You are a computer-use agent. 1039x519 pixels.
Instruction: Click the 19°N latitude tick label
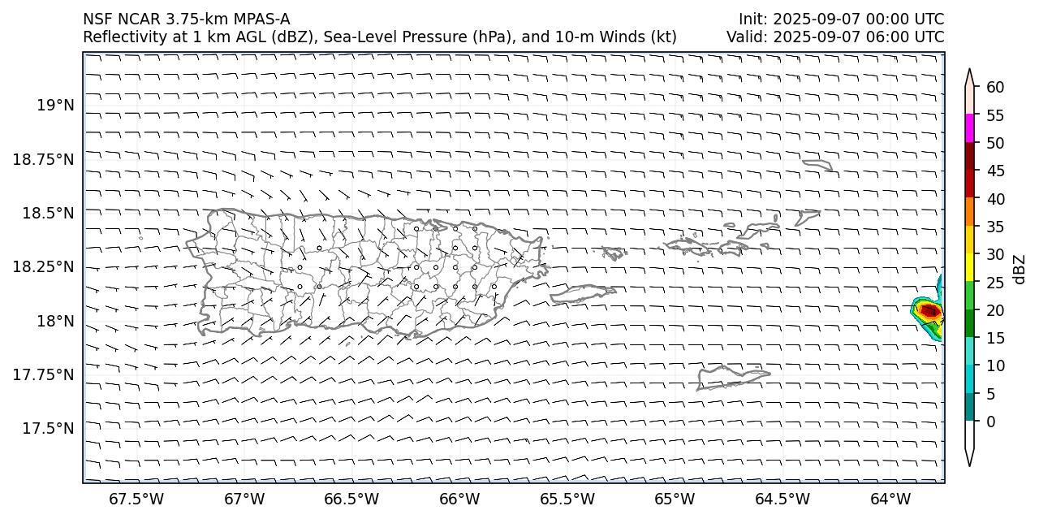(55, 105)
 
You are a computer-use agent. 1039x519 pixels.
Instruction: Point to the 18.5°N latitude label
(50, 213)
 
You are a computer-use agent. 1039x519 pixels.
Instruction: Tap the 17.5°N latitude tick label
(50, 428)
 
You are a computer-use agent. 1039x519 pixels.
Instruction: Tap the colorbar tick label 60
(995, 88)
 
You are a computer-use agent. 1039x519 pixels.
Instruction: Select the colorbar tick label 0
(990, 422)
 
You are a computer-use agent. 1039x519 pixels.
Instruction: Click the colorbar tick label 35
(995, 227)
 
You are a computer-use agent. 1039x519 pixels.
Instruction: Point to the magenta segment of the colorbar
(969, 128)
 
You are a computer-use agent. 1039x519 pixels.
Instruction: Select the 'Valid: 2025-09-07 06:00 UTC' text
(835, 37)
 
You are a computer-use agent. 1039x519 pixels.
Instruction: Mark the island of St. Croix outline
(731, 378)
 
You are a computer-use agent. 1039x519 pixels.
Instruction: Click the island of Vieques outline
(584, 293)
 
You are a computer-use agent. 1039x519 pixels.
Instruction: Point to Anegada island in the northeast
(817, 165)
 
